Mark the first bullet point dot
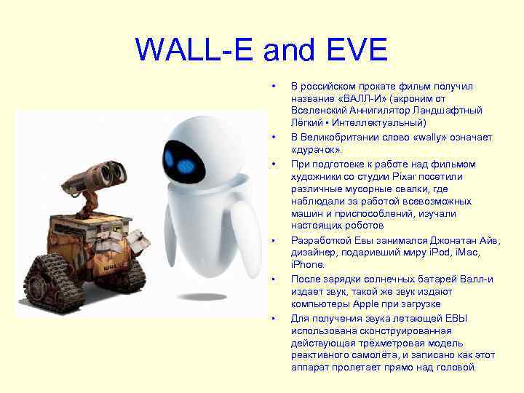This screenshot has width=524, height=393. click(x=273, y=86)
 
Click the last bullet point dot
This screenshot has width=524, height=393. click(x=273, y=318)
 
